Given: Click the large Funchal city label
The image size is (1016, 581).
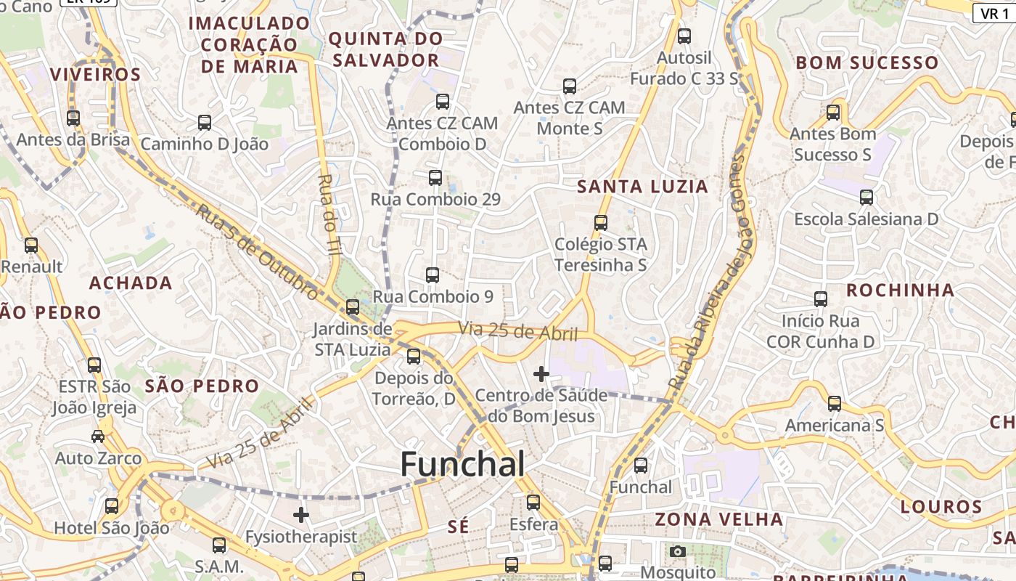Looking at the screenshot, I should [462, 464].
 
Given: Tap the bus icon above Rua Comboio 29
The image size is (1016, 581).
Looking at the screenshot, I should [435, 177].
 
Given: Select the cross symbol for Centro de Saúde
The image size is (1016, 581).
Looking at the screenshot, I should [541, 374].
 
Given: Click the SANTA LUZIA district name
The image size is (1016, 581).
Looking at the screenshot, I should [642, 187].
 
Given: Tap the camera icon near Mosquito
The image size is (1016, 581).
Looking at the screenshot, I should [678, 551].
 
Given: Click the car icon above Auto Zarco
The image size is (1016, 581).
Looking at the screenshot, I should [98, 436].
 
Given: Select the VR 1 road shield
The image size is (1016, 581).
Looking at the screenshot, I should [995, 13].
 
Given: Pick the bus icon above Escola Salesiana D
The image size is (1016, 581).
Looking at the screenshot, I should [866, 197].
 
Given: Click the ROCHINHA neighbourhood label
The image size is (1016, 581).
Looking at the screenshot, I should [900, 290].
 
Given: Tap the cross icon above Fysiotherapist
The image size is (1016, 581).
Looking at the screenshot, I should [301, 515].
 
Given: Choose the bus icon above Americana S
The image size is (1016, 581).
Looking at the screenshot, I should [835, 403].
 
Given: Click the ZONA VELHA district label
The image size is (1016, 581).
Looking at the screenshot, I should [718, 519].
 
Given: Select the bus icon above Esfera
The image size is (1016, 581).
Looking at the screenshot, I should [533, 502].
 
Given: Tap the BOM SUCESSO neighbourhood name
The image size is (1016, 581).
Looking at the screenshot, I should [867, 62].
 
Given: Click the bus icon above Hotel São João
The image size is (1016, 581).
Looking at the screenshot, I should [111, 505].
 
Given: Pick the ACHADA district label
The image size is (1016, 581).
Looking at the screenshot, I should [131, 283].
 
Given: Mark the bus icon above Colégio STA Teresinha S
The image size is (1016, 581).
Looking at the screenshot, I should [600, 222].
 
